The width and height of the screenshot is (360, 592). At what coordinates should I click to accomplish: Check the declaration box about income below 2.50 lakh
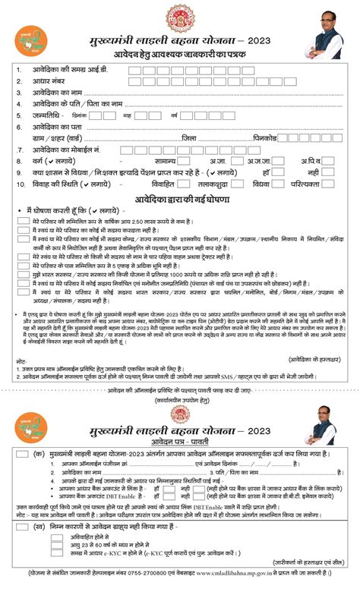click(x=23, y=219)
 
